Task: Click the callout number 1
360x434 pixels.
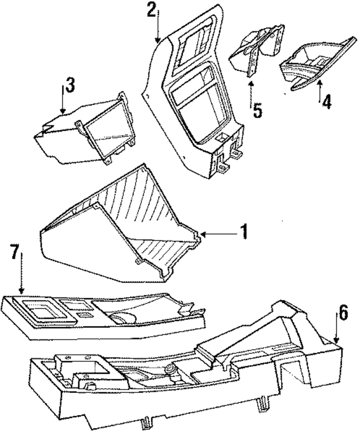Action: pos(244,232)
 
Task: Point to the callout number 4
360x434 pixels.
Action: pos(326,102)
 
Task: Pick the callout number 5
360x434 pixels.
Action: pos(257,111)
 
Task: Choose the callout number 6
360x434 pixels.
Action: pos(343,314)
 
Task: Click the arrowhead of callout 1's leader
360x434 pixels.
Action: pos(202,235)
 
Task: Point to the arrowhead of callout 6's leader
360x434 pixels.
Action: pos(336,340)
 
